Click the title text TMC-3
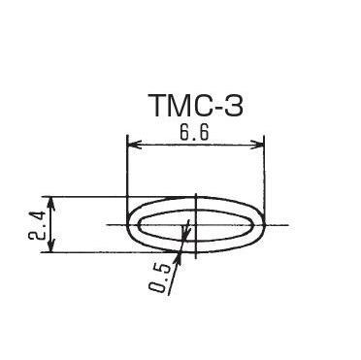(x=195, y=106)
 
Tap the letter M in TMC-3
(x=180, y=106)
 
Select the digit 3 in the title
(x=233, y=106)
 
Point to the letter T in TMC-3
(x=157, y=106)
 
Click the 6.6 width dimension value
(x=194, y=132)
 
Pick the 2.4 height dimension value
(x=36, y=226)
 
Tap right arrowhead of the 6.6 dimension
(x=257, y=145)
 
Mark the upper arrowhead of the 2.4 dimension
(x=50, y=203)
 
